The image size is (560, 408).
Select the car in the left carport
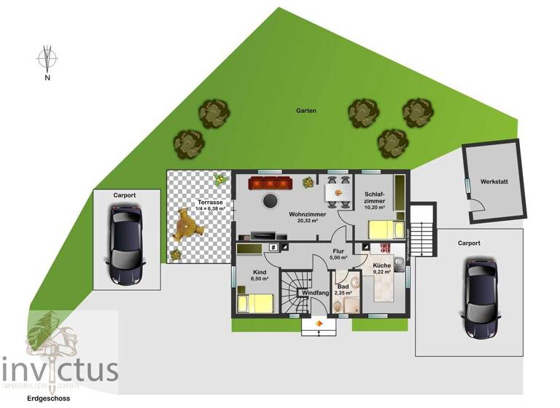click(x=125, y=244)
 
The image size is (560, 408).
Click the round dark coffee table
click(x=271, y=200)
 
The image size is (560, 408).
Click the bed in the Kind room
click(x=255, y=302)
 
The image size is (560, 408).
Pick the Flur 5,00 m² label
click(x=338, y=254)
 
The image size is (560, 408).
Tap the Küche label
click(x=381, y=267)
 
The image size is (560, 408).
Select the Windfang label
click(x=313, y=294)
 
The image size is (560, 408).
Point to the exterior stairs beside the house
click(x=422, y=232)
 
